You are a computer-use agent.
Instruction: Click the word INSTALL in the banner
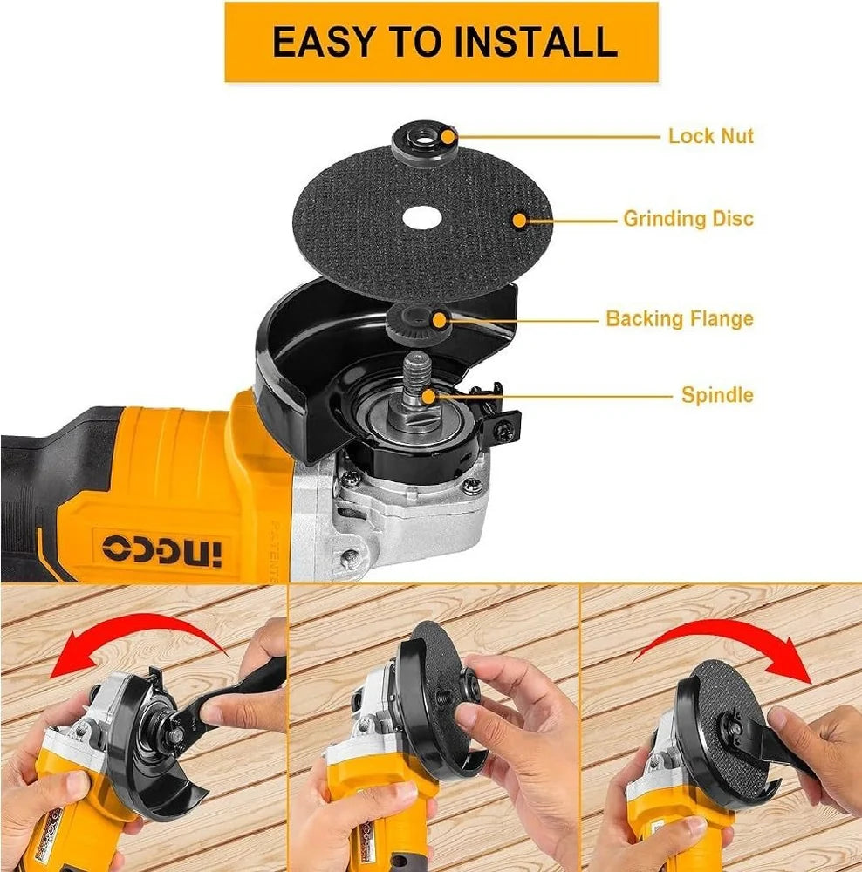pyautogui.click(x=536, y=42)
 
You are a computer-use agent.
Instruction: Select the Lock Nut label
pyautogui.click(x=711, y=136)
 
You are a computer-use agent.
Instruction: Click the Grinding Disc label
pyautogui.click(x=688, y=219)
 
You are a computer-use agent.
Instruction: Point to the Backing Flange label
pyautogui.click(x=680, y=318)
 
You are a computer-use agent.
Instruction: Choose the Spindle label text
pyautogui.click(x=717, y=395)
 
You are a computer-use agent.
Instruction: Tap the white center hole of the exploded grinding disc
pyautogui.click(x=421, y=217)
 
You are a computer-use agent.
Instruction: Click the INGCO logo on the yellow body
pyautogui.click(x=162, y=550)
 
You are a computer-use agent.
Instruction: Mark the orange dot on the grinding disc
pyautogui.click(x=519, y=221)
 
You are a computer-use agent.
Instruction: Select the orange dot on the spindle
pyautogui.click(x=428, y=397)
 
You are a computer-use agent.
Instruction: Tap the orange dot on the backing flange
pyautogui.click(x=440, y=320)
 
